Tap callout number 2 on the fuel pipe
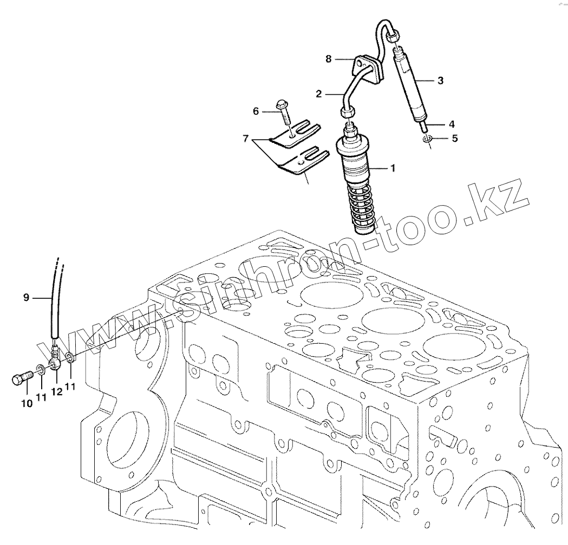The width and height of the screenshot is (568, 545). tap(319, 94)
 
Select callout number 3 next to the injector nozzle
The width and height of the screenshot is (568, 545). tap(440, 81)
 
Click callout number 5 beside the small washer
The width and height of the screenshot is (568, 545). tap(454, 138)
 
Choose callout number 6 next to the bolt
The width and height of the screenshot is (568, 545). tap(256, 111)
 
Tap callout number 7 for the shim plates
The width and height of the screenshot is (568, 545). tap(246, 139)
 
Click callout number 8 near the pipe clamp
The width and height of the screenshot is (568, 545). tap(328, 58)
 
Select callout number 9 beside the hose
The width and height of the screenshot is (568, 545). tap(25, 297)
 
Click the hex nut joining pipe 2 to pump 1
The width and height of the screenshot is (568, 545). tap(347, 111)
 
